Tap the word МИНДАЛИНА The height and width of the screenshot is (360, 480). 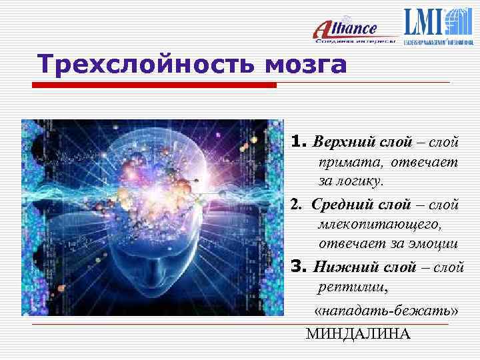[358, 333]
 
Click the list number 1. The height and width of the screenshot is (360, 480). [297, 142]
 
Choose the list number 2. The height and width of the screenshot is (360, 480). [295, 203]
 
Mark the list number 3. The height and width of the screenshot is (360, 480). [297, 267]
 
